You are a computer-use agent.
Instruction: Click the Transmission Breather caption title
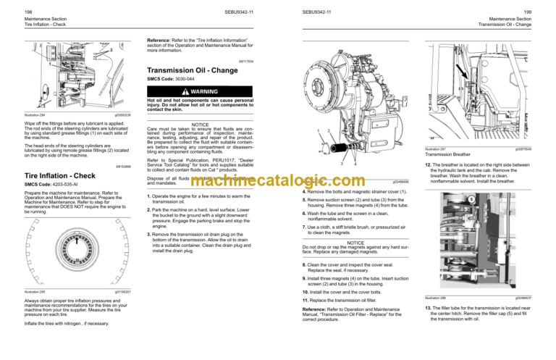pos(447,155)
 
